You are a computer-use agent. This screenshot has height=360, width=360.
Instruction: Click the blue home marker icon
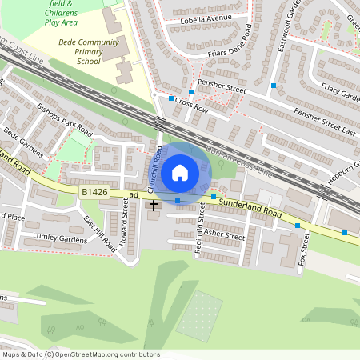[x=180, y=172]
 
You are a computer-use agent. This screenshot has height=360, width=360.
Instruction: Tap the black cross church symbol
[x=154, y=206]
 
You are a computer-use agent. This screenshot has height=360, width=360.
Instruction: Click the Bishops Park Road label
[x=66, y=117]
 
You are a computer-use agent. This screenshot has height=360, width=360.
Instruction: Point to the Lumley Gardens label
[x=60, y=238]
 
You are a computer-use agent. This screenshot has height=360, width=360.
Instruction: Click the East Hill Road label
[x=99, y=234]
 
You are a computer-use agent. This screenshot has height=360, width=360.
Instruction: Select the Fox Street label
[x=303, y=249]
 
